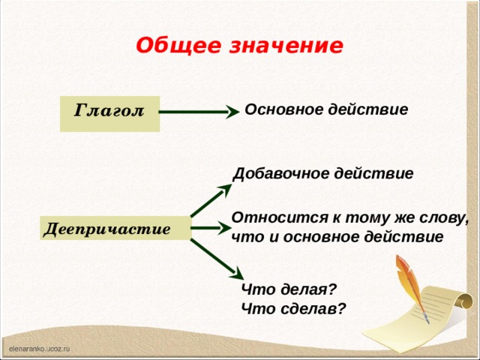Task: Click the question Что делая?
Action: pos(289,289)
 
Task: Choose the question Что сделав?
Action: pos(293,307)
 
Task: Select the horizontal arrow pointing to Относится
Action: pos(211,226)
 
